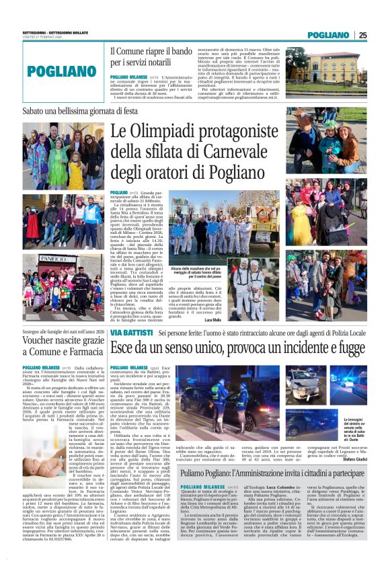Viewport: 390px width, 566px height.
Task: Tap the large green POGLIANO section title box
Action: tap(53, 71)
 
